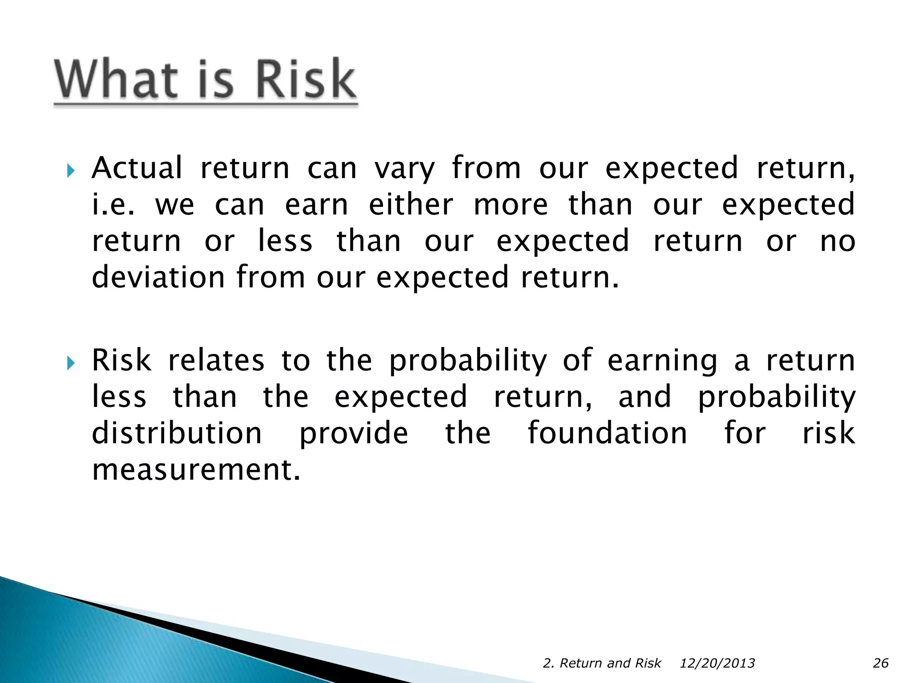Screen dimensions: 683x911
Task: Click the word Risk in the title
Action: pos(306,79)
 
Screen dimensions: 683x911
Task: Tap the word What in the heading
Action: pos(116,79)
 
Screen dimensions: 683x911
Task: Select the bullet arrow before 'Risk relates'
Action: pos(70,363)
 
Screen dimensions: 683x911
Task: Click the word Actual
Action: pos(137,168)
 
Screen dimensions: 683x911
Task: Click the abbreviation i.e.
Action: pos(113,205)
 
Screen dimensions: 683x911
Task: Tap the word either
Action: pos(411,205)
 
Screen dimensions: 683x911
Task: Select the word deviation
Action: pos(158,277)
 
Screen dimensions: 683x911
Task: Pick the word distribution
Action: pos(177,433)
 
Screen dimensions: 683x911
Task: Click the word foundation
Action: pos(607,433)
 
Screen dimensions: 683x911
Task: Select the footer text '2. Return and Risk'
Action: pos(602,663)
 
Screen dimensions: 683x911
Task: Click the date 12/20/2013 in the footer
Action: pos(717,663)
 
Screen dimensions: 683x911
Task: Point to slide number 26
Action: pos(880,663)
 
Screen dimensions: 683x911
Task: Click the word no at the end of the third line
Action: pos(838,242)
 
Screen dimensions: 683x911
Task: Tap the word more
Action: pos(511,205)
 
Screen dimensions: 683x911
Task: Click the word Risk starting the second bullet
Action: pos(121,360)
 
